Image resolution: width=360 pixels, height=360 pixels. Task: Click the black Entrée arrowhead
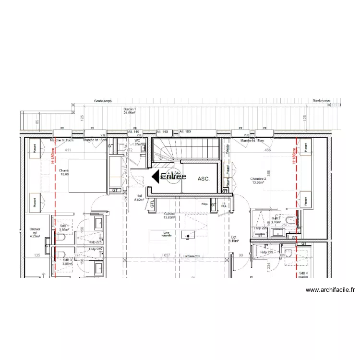(156, 177)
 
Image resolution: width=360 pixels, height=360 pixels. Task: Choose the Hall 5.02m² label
(140, 198)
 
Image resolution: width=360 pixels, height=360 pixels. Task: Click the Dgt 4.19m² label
(234, 239)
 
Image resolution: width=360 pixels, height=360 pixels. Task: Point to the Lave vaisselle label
(166, 234)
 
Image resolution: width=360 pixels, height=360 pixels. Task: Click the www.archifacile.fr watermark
(330, 290)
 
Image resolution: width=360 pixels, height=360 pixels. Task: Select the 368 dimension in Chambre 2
(269, 173)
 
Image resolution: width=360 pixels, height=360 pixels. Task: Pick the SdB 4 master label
(303, 275)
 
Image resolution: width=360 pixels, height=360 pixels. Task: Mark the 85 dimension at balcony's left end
(37, 121)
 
